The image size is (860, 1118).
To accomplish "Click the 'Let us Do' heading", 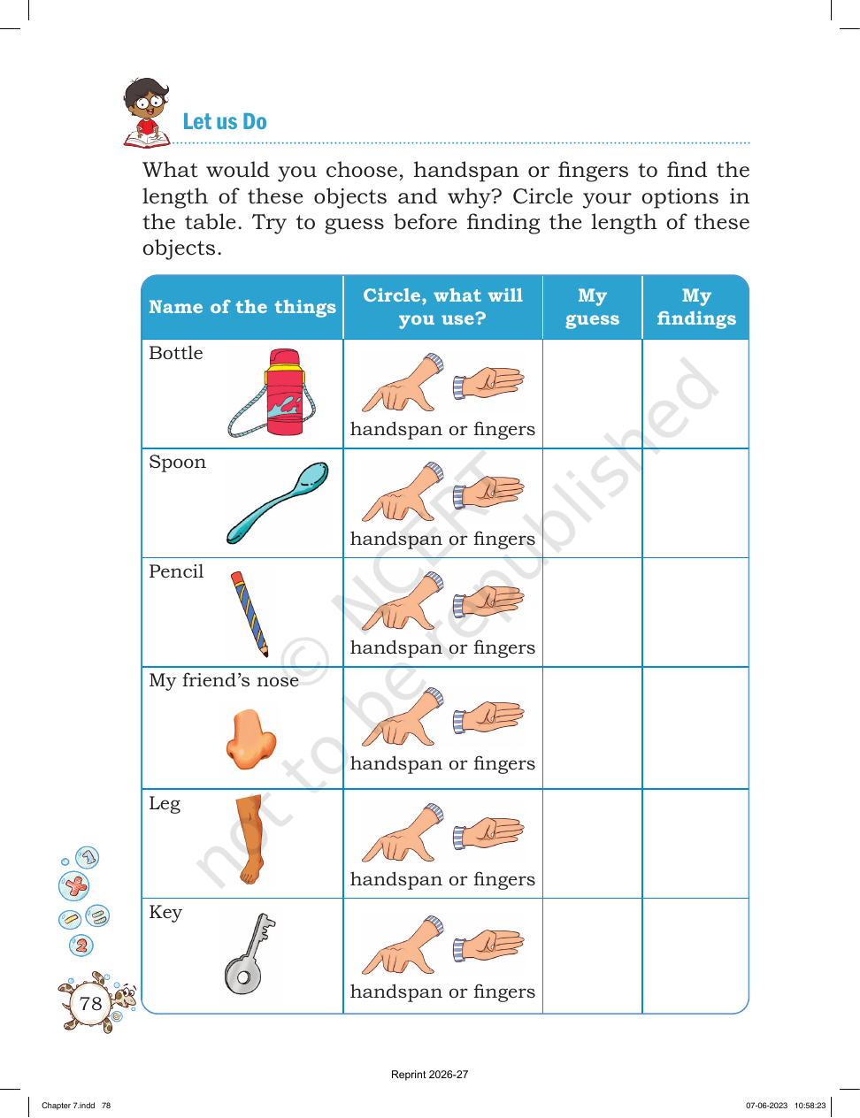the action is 225,122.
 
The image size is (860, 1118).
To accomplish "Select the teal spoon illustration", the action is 278,502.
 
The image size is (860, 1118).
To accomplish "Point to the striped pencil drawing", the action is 250,614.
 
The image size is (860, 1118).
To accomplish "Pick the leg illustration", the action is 250,839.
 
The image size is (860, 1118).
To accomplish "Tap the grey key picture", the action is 250,953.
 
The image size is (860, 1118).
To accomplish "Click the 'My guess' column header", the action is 593,307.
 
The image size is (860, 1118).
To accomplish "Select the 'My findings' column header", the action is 696,307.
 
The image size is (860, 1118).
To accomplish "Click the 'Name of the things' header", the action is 242,307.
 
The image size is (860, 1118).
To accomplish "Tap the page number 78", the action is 90,1003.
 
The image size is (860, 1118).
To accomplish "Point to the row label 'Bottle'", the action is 175,353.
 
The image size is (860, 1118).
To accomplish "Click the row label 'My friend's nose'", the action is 224,681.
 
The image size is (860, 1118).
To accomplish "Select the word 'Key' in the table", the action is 165,913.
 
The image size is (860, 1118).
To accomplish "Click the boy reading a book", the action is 146,113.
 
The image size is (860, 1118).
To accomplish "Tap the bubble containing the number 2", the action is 81,946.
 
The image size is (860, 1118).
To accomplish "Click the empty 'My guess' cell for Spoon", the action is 593,502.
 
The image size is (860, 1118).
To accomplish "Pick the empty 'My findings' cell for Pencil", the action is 695,612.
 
